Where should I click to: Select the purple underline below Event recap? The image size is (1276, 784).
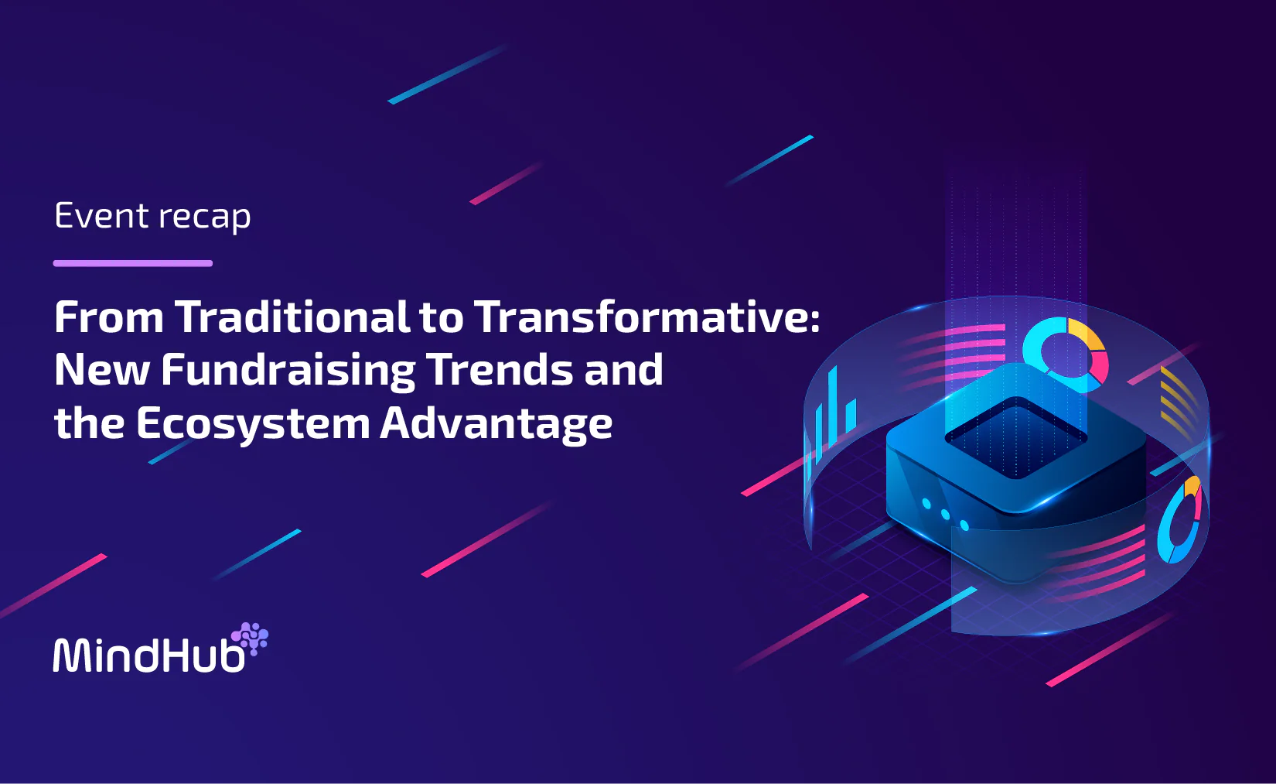pyautogui.click(x=133, y=263)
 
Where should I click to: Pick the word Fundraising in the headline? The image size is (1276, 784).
pyautogui.click(x=288, y=371)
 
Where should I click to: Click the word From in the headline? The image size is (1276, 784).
pyautogui.click(x=109, y=317)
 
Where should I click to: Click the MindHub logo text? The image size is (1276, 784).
pyautogui.click(x=148, y=654)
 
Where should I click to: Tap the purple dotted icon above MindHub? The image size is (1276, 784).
pyautogui.click(x=250, y=638)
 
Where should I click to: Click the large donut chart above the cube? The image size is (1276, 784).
pyautogui.click(x=1065, y=354)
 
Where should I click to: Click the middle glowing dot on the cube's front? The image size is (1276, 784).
pyautogui.click(x=945, y=515)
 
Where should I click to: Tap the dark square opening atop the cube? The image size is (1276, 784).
pyautogui.click(x=1016, y=437)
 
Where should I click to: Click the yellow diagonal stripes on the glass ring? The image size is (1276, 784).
pyautogui.click(x=1178, y=399)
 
